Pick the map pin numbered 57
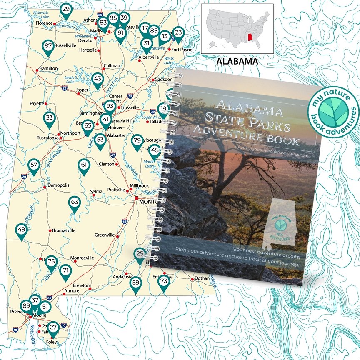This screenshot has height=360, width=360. click(x=34, y=165)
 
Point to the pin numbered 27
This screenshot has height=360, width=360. click(x=53, y=328)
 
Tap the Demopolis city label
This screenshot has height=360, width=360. click(x=58, y=185)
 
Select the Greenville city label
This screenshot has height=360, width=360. click(x=105, y=235)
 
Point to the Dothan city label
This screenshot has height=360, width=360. click(x=202, y=278)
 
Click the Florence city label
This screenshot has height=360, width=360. click(x=44, y=23)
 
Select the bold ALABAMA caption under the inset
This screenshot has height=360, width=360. click(x=237, y=62)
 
